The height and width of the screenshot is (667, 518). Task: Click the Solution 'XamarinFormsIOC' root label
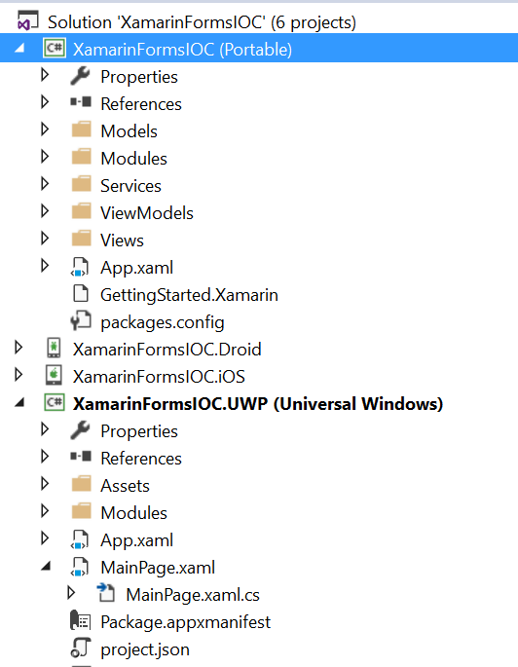tap(202, 22)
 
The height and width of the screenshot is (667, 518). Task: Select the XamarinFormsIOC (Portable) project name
tap(182, 50)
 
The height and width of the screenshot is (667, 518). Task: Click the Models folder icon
tap(81, 130)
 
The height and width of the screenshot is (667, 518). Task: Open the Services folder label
tap(130, 186)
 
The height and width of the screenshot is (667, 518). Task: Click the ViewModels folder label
tap(147, 213)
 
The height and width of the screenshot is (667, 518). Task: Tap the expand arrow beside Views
tap(45, 239)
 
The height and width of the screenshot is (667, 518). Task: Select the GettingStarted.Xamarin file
tap(189, 295)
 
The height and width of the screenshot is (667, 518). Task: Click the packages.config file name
tap(163, 322)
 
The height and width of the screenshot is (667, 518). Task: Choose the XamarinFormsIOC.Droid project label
tap(166, 350)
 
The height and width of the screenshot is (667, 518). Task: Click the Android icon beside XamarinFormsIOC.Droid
tap(54, 348)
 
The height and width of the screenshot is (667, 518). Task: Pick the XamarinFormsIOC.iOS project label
tap(159, 377)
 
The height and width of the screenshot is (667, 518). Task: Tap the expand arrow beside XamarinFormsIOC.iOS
tap(18, 375)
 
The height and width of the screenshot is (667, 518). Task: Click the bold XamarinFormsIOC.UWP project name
tap(258, 404)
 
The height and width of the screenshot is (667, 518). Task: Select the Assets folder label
tap(125, 486)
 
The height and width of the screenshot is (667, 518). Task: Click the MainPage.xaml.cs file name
tap(193, 595)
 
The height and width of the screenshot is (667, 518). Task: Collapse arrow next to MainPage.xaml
tap(46, 566)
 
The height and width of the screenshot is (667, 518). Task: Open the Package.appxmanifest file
tap(185, 622)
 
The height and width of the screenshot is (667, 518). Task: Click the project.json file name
tap(145, 649)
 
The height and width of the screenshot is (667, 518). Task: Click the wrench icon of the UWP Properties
tap(81, 430)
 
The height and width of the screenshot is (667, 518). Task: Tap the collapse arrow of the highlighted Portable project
tap(19, 48)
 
